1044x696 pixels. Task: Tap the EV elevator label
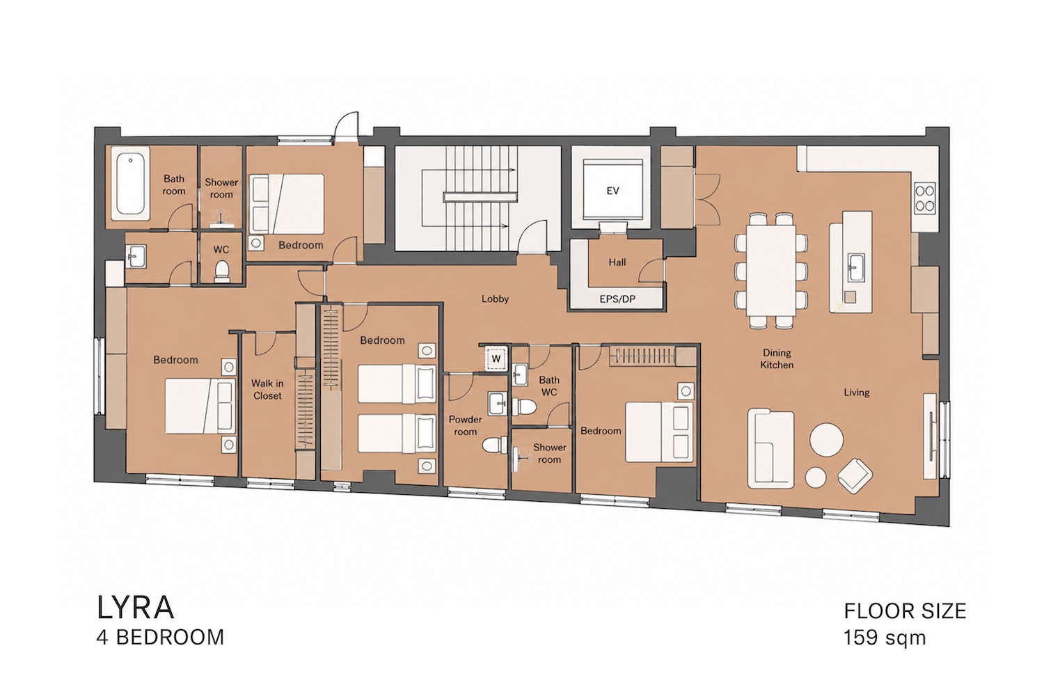pyautogui.click(x=612, y=190)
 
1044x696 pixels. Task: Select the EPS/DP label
pyautogui.click(x=617, y=299)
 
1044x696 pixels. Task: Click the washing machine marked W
pyautogui.click(x=496, y=358)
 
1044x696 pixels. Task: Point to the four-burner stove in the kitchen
pyautogui.click(x=925, y=198)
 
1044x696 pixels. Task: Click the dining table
pyautogui.click(x=771, y=270)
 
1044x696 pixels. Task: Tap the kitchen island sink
pyautogui.click(x=856, y=267)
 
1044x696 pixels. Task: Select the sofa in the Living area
pyautogui.click(x=771, y=450)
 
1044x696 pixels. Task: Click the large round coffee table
pyautogui.click(x=826, y=439)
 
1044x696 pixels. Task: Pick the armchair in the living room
pyautogui.click(x=855, y=475)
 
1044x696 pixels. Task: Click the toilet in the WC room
pyautogui.click(x=222, y=271)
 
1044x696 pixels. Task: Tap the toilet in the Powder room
pyautogui.click(x=494, y=445)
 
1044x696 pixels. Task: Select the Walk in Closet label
pyautogui.click(x=267, y=389)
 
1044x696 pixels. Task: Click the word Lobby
pyautogui.click(x=495, y=299)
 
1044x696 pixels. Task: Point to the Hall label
pyautogui.click(x=617, y=262)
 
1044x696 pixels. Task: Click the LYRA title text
pyautogui.click(x=135, y=608)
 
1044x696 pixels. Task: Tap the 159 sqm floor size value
pyautogui.click(x=885, y=638)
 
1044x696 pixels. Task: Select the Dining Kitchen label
pyautogui.click(x=777, y=358)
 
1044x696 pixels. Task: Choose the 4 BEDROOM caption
pyautogui.click(x=160, y=638)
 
